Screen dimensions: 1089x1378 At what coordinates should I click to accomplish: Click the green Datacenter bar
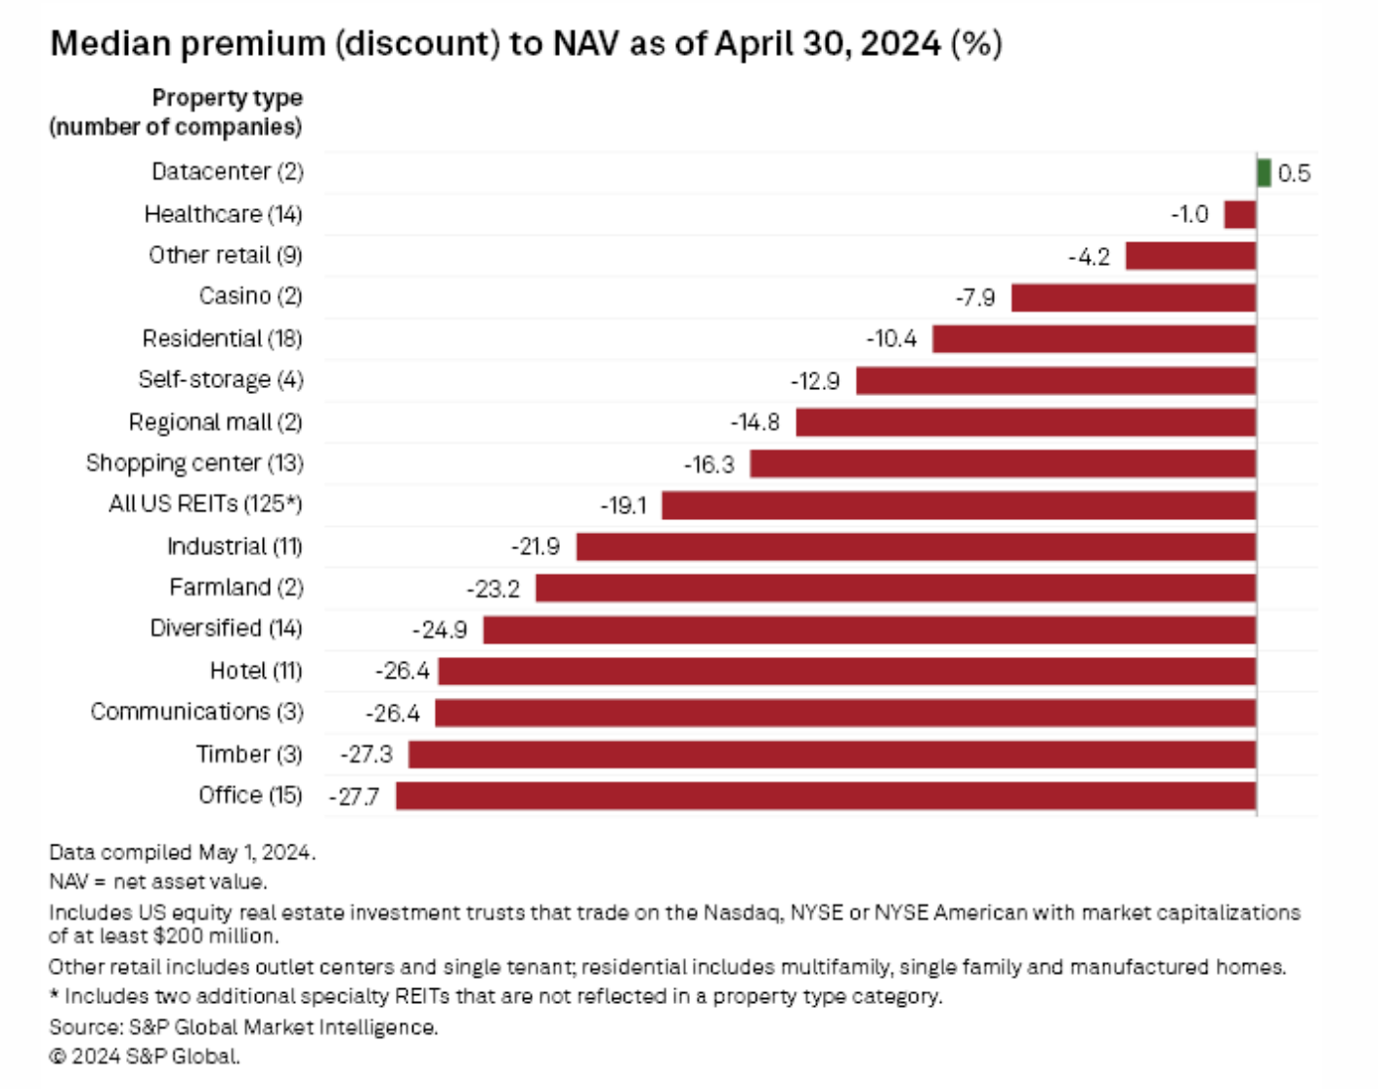point(1264,173)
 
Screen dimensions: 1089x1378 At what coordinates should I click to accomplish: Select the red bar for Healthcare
point(1240,214)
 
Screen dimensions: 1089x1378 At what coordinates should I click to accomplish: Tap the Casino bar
point(1134,297)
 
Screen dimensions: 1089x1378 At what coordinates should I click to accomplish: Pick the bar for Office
point(826,796)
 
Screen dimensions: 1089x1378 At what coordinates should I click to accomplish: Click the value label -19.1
point(624,505)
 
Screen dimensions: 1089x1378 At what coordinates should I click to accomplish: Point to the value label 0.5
point(1294,174)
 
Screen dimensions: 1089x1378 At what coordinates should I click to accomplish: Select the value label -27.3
point(366,754)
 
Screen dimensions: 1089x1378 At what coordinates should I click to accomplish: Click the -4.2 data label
point(1089,257)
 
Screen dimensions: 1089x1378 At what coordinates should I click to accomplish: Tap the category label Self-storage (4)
point(221,379)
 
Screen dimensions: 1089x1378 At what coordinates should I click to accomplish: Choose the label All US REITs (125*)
point(205,503)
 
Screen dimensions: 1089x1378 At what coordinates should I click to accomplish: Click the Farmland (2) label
point(237,588)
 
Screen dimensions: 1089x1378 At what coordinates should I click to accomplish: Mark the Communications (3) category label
point(197,712)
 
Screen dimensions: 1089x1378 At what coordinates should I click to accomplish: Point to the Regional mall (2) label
point(216,422)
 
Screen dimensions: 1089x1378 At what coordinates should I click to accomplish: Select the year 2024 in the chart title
point(900,44)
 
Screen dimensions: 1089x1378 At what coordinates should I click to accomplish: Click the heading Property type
point(228,98)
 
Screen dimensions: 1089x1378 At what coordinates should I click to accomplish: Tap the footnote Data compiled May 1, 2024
point(183,852)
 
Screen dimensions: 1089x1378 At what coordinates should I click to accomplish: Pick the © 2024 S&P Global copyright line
point(145,1057)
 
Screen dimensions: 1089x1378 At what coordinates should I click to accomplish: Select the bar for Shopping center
point(1003,463)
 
